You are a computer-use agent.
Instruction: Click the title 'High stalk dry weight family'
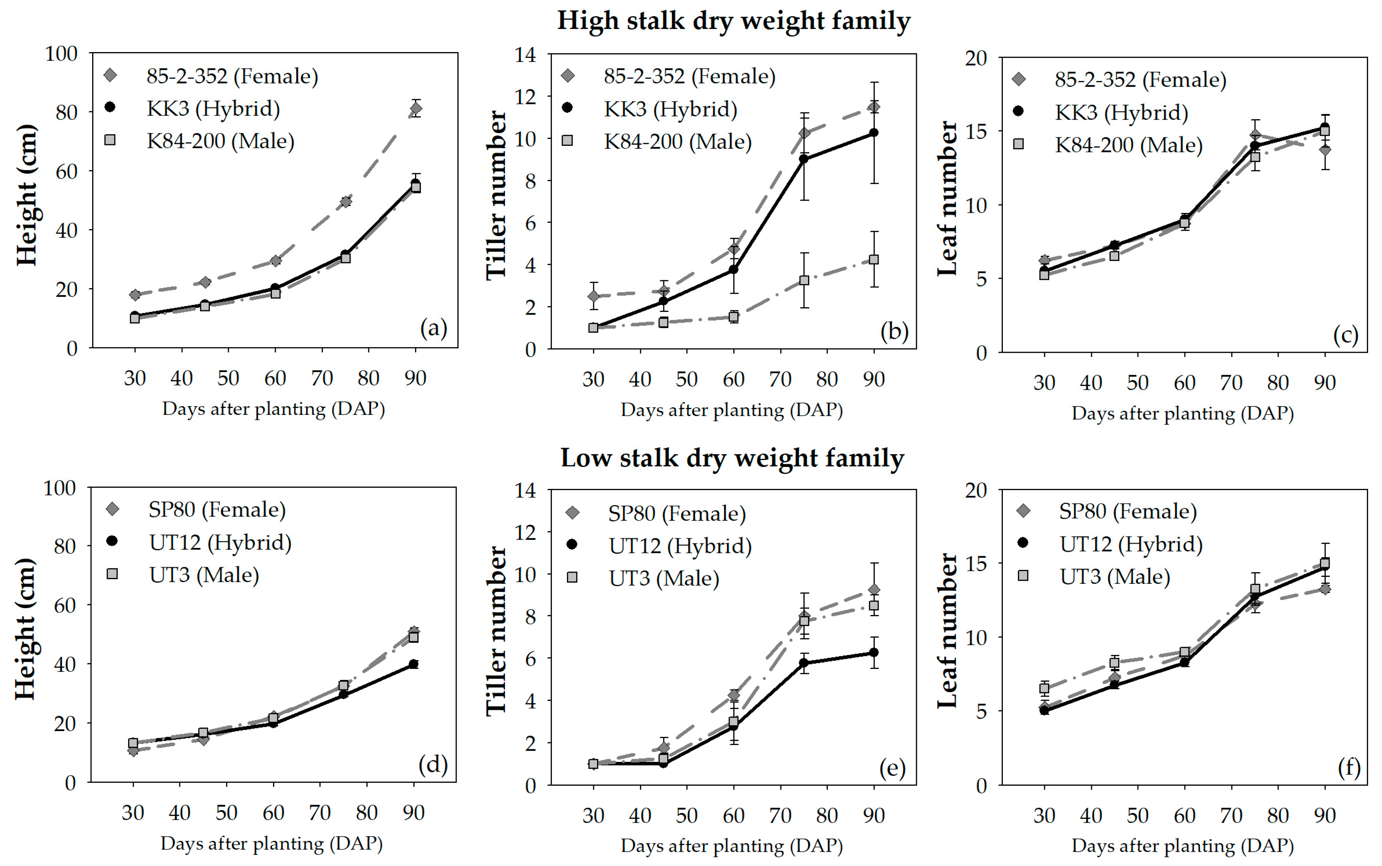pyautogui.click(x=733, y=21)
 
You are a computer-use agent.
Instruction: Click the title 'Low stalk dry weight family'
pyautogui.click(x=732, y=458)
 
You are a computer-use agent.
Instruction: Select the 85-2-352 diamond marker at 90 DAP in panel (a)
pyautogui.click(x=416, y=108)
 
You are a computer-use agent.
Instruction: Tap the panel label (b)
pyautogui.click(x=894, y=331)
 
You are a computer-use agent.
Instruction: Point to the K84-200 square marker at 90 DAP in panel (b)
pyautogui.click(x=874, y=259)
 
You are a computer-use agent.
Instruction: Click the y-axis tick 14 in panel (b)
pyautogui.click(x=525, y=55)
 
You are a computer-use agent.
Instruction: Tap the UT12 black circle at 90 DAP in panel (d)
pyautogui.click(x=413, y=664)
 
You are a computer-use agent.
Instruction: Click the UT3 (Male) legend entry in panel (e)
pyautogui.click(x=663, y=578)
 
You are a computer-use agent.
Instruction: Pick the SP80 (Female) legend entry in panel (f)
pyautogui.click(x=1127, y=511)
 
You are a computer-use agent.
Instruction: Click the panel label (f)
pyautogui.click(x=1349, y=767)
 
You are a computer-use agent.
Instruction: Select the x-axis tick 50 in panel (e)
pyautogui.click(x=687, y=815)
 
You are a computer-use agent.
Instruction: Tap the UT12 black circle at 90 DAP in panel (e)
pyautogui.click(x=874, y=652)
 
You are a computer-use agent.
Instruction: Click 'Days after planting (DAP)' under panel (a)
pyautogui.click(x=273, y=409)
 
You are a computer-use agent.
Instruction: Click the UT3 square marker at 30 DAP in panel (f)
pyautogui.click(x=1044, y=689)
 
